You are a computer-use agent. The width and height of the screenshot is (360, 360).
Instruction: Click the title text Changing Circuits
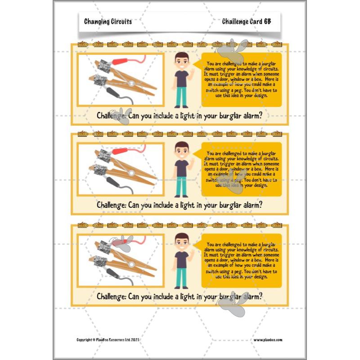coord(108,22)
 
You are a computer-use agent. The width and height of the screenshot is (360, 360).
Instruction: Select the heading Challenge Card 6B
coord(246,22)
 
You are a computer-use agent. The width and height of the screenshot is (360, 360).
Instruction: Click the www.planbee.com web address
coord(267,340)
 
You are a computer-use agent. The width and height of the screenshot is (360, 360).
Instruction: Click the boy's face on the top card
coord(181,60)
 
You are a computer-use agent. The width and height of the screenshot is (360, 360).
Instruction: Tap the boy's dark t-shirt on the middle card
coord(181,168)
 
